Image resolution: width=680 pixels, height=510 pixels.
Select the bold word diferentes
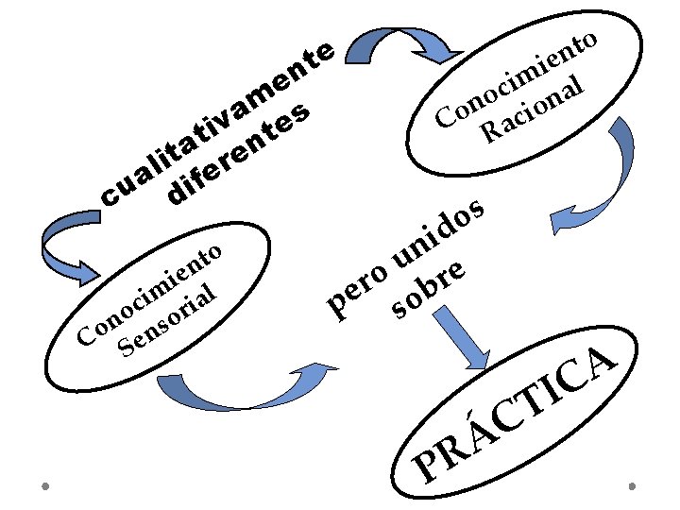pyautogui.click(x=240, y=155)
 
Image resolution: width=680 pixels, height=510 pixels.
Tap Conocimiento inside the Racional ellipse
pyautogui.click(x=516, y=81)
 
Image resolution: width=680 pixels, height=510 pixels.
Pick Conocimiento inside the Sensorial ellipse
pyautogui.click(x=150, y=292)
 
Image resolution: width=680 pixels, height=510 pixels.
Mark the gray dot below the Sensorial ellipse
pyautogui.click(x=44, y=486)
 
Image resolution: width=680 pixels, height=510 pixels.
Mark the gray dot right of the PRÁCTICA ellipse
pyautogui.click(x=631, y=485)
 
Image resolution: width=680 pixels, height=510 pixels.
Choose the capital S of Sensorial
pyautogui.click(x=125, y=348)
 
